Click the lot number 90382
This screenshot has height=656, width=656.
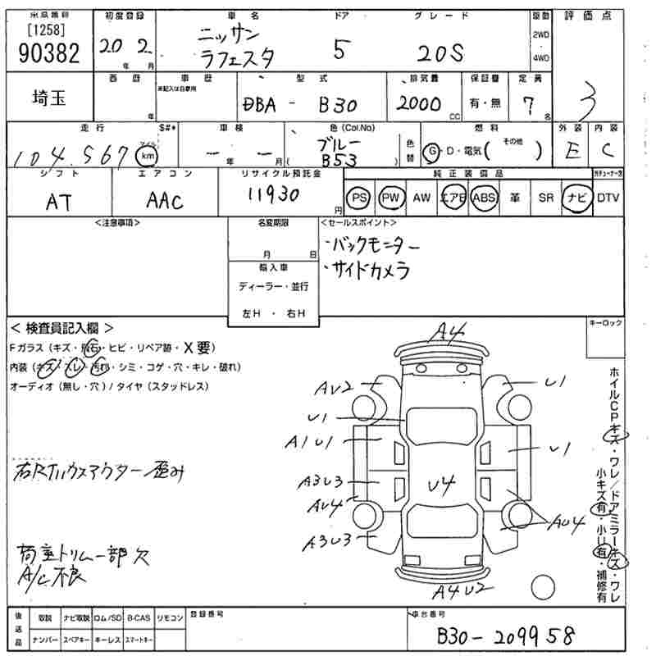pyautogui.click(x=48, y=54)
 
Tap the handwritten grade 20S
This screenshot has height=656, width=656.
pyautogui.click(x=440, y=52)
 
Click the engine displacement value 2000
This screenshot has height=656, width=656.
pyautogui.click(x=419, y=104)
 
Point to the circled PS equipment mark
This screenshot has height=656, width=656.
pyautogui.click(x=358, y=198)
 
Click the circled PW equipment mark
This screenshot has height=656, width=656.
pyautogui.click(x=392, y=198)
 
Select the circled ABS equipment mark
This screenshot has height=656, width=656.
pyautogui.click(x=484, y=198)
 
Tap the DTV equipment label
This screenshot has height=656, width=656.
pyautogui.click(x=608, y=198)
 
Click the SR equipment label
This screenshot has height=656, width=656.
pyautogui.click(x=545, y=198)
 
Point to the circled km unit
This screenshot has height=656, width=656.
pyautogui.click(x=147, y=154)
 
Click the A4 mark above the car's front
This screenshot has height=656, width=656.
pyautogui.click(x=451, y=332)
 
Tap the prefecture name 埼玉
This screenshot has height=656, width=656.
pyautogui.click(x=48, y=99)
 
